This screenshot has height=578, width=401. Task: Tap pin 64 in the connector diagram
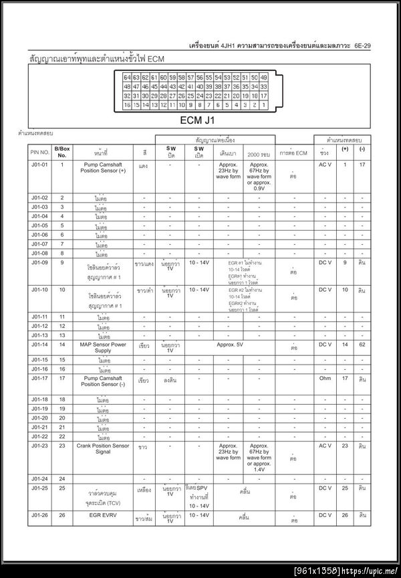[127, 78]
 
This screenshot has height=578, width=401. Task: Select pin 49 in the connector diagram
[263, 78]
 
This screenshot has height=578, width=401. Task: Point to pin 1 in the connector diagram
[263, 105]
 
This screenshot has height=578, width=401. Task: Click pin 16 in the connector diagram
[127, 105]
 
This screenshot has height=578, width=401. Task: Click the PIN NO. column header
[39, 152]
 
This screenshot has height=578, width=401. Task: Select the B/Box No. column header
[62, 152]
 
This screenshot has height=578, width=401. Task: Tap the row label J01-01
[39, 165]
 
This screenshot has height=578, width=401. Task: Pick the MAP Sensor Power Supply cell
[103, 347]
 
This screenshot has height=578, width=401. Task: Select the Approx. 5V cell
[230, 345]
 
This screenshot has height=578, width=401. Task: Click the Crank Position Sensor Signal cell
[103, 449]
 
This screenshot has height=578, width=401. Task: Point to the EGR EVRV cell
[103, 515]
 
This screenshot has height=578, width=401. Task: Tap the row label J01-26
[39, 515]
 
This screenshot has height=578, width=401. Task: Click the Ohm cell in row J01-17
[325, 379]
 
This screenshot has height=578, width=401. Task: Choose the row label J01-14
[39, 345]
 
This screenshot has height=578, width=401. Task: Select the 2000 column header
[257, 153]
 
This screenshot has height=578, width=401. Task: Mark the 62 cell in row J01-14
[362, 345]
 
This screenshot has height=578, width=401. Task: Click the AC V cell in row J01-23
[325, 446]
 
